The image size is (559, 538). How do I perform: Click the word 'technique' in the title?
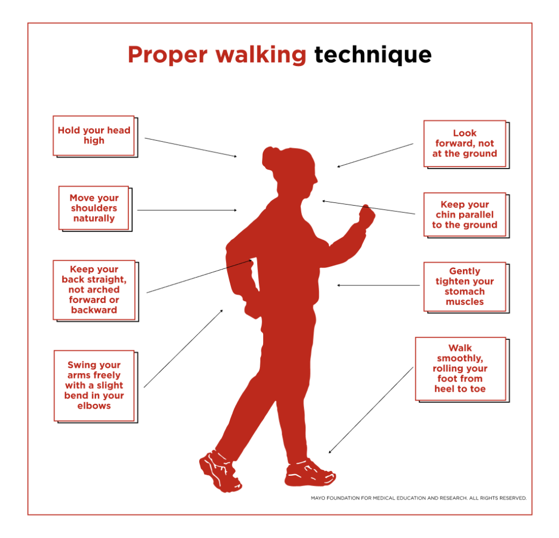coord(373,55)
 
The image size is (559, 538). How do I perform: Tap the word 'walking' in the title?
coord(260,55)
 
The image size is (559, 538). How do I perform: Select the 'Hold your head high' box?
coord(94,135)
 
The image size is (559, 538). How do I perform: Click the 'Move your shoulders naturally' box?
coord(94,208)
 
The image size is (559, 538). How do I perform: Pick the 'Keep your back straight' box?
coord(94,289)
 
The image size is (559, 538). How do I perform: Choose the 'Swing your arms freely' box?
coord(94,385)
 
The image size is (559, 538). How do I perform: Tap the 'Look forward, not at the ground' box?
coord(465,144)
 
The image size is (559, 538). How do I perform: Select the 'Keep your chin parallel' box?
coord(465,214)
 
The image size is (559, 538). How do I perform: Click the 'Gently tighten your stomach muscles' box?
coord(465,286)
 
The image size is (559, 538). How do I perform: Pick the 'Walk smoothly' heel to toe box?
coord(460,368)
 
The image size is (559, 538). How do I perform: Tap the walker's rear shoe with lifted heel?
coord(220,470)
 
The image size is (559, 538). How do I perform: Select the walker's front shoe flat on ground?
coord(310,474)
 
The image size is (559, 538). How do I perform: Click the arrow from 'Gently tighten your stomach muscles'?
coord(378,285)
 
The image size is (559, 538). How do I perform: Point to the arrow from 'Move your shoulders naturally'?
coord(187,210)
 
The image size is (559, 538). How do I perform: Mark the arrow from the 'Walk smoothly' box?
coord(371,410)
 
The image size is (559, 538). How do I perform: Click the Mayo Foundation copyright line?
coord(419,498)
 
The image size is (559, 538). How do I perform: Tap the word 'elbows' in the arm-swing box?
coord(94,406)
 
